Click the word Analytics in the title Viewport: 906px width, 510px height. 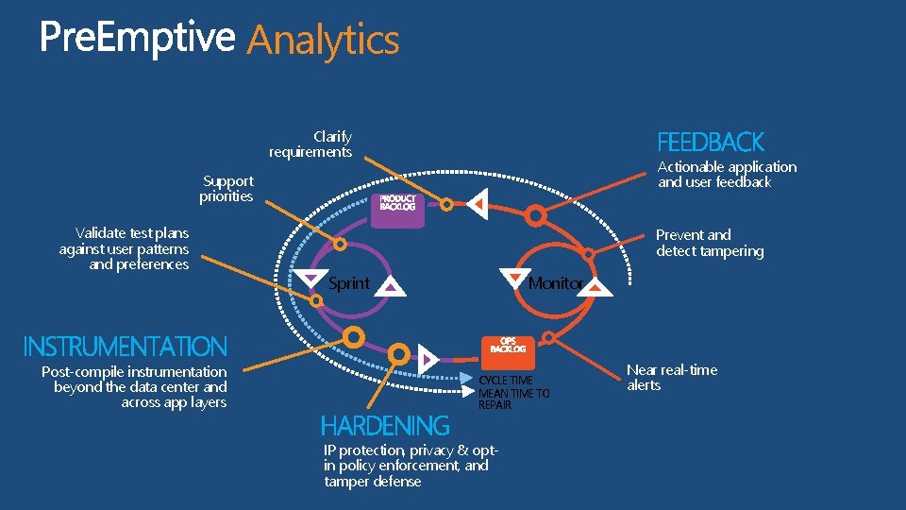(323, 40)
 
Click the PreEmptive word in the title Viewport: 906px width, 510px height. (137, 38)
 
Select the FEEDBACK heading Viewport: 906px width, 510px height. (710, 143)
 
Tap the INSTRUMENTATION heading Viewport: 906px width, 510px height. (125, 347)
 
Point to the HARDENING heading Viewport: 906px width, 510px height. (385, 426)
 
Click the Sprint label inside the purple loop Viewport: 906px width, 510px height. (348, 283)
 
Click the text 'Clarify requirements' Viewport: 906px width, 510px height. (310, 144)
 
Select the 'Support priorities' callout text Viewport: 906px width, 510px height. (226, 189)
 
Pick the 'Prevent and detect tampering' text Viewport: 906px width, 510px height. (710, 243)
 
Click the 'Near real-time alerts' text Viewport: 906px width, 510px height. (671, 378)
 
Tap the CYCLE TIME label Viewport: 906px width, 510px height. (506, 381)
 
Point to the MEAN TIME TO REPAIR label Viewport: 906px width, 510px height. (513, 399)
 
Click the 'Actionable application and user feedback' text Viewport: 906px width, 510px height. (727, 175)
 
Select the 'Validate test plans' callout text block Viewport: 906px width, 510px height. (125, 248)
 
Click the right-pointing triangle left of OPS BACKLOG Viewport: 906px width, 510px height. (429, 359)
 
